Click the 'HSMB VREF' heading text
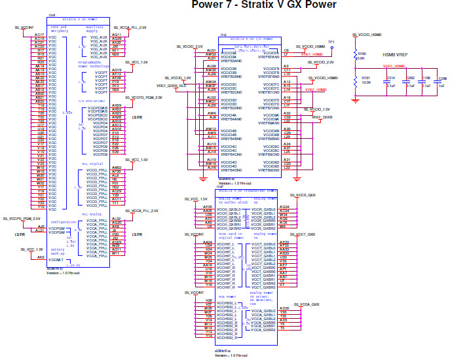pos(396,56)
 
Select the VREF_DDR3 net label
pos(322,117)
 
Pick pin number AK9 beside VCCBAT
pos(41,257)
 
